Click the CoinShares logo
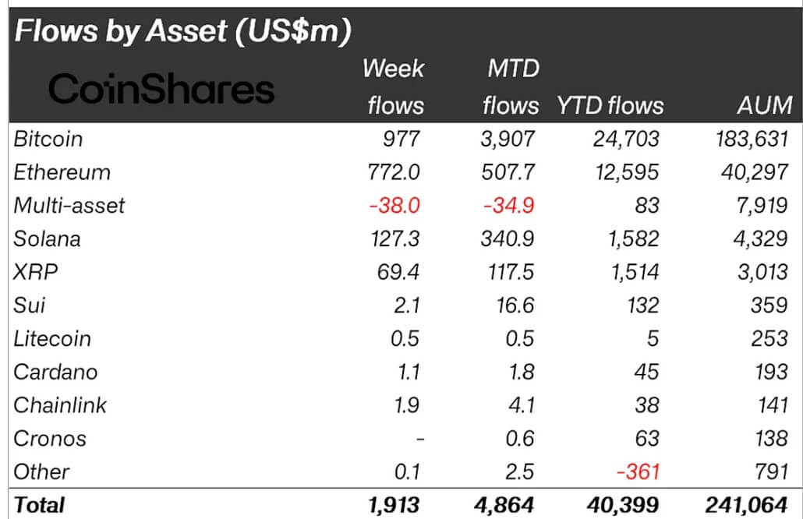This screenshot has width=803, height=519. [x=161, y=90]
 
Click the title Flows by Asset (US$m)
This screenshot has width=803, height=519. [x=183, y=32]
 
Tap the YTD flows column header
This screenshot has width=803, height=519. [x=610, y=105]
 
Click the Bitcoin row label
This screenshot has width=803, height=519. [x=48, y=139]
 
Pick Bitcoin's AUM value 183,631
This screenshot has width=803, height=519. [x=749, y=139]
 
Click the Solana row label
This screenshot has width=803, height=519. [x=47, y=238]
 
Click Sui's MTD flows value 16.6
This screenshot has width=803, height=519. [x=516, y=305]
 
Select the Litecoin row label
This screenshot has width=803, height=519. [x=52, y=339]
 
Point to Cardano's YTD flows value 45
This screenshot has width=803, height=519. [x=646, y=372]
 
